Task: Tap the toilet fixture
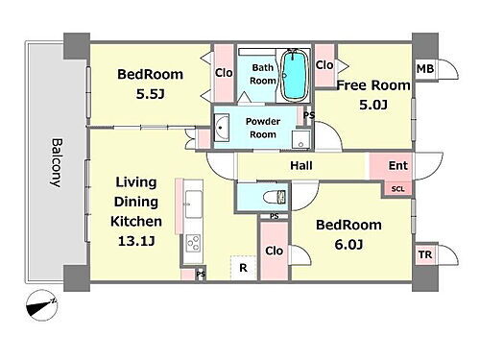pyautogui.click(x=275, y=197)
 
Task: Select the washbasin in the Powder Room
pyautogui.click(x=222, y=128)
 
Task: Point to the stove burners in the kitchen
pyautogui.click(x=193, y=243)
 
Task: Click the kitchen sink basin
pyautogui.click(x=194, y=204)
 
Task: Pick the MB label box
pyautogui.click(x=425, y=69)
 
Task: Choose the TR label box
pyautogui.click(x=425, y=254)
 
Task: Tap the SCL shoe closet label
pyautogui.click(x=398, y=189)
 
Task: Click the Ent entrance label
pyautogui.click(x=398, y=165)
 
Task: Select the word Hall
pyautogui.click(x=301, y=165)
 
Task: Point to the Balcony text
pyautogui.click(x=57, y=162)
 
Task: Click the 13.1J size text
pyautogui.click(x=136, y=241)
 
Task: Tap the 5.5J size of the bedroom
pyautogui.click(x=150, y=94)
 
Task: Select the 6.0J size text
pyautogui.click(x=348, y=245)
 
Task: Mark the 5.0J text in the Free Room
pyautogui.click(x=373, y=105)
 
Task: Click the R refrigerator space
pyautogui.click(x=243, y=268)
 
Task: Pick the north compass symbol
pyautogui.click(x=42, y=305)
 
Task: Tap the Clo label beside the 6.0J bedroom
pyautogui.click(x=274, y=251)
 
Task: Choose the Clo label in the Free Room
pyautogui.click(x=324, y=65)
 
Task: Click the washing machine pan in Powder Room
pyautogui.click(x=300, y=139)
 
